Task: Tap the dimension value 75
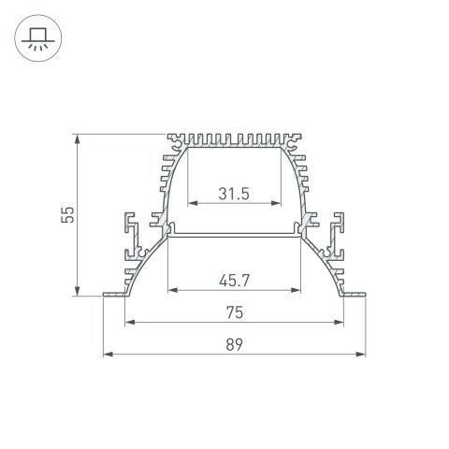point(234,312)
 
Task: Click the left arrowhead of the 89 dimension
point(107,355)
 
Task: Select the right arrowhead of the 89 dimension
point(360,355)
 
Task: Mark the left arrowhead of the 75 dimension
point(128,323)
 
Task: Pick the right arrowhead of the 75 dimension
point(339,323)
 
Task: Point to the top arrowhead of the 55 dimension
point(78,138)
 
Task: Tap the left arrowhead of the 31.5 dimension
point(192,203)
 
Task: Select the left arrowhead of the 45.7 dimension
point(170,290)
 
